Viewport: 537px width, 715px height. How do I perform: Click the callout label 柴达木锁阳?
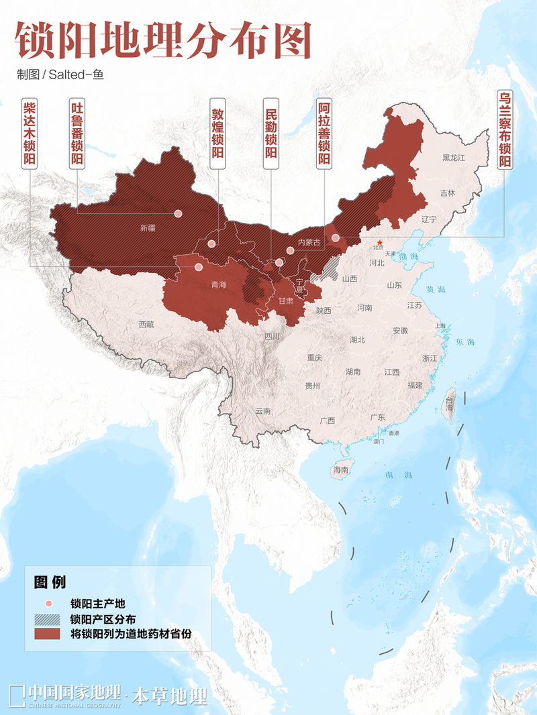tap(30, 133)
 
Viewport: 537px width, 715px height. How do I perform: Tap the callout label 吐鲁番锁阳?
tap(77, 133)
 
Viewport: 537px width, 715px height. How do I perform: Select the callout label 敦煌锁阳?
tap(218, 133)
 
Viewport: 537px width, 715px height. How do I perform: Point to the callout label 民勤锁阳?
tap(271, 133)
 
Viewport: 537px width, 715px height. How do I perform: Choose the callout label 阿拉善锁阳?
tap(324, 133)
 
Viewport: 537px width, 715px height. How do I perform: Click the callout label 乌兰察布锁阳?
tap(504, 129)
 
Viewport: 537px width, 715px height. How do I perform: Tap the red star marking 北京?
tap(379, 243)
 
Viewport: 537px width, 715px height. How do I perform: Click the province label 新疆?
tap(148, 228)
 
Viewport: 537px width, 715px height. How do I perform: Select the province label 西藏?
tap(146, 324)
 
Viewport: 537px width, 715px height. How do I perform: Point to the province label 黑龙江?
tap(453, 158)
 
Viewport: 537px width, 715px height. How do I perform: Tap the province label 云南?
tap(263, 410)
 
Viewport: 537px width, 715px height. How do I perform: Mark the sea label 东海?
tap(465, 342)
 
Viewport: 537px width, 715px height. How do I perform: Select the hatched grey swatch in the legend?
tap(48, 618)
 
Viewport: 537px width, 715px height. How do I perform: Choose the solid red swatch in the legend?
tap(48, 633)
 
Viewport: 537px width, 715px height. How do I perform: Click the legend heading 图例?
tap(49, 581)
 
